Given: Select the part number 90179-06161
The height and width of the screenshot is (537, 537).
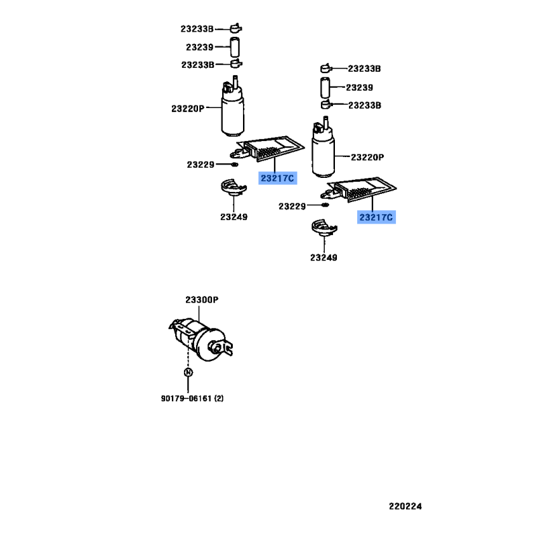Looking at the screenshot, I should coord(186,399).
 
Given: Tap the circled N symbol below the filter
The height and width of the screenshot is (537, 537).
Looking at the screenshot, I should coord(188,373).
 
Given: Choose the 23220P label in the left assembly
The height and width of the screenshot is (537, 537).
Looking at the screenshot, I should coord(187,108).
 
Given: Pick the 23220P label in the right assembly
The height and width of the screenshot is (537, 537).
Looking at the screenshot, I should coord(367,157).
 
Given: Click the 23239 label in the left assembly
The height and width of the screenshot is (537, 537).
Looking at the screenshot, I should coord(199,47).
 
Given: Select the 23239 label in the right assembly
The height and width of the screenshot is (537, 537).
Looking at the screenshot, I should coord(360,87).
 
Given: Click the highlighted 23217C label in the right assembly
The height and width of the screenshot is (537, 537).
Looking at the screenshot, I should coord(377,217).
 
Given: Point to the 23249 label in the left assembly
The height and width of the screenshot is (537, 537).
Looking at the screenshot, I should coord(233,217).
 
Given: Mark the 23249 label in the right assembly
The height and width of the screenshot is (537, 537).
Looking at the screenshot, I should coord(324,258).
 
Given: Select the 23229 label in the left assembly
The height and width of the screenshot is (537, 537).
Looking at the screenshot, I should coord(201,164).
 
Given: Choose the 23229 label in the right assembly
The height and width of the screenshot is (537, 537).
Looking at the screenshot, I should coord(293,206).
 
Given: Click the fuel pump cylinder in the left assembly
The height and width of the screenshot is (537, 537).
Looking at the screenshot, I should coord(233,114).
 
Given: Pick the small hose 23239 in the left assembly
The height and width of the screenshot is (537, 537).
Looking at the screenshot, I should coord(235,47).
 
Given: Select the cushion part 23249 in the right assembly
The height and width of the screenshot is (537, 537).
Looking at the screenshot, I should coord(324,229).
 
